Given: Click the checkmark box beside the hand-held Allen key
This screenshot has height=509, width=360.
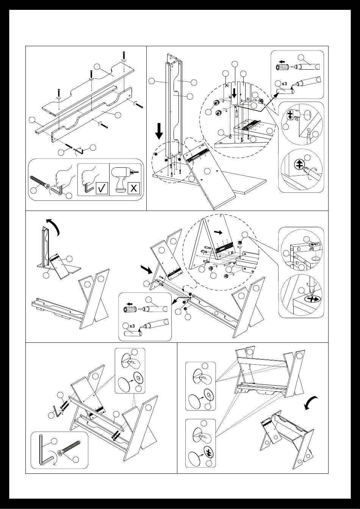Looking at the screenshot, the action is coord(102,188).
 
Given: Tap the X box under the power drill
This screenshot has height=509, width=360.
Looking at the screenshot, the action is coord(133,188).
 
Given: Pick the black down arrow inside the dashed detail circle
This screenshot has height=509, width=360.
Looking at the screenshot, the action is coord(234,94).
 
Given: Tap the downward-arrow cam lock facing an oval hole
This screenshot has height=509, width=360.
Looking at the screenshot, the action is coord(290,114).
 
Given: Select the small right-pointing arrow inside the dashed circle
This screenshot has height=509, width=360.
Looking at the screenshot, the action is coord(218,232).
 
